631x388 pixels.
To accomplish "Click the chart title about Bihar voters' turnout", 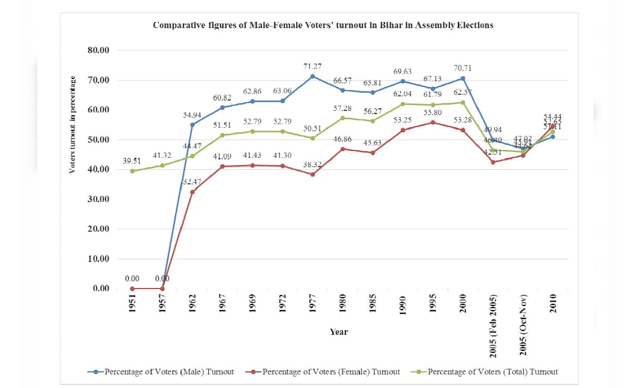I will click(323, 25).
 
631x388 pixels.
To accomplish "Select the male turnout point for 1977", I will click(312, 76).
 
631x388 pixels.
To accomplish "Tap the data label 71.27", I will click(312, 66).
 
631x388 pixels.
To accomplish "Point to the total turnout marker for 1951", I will click(133, 171).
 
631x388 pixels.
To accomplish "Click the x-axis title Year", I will click(339, 332).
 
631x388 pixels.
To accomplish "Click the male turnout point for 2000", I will click(463, 78).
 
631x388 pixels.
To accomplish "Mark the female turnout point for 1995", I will click(433, 122).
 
